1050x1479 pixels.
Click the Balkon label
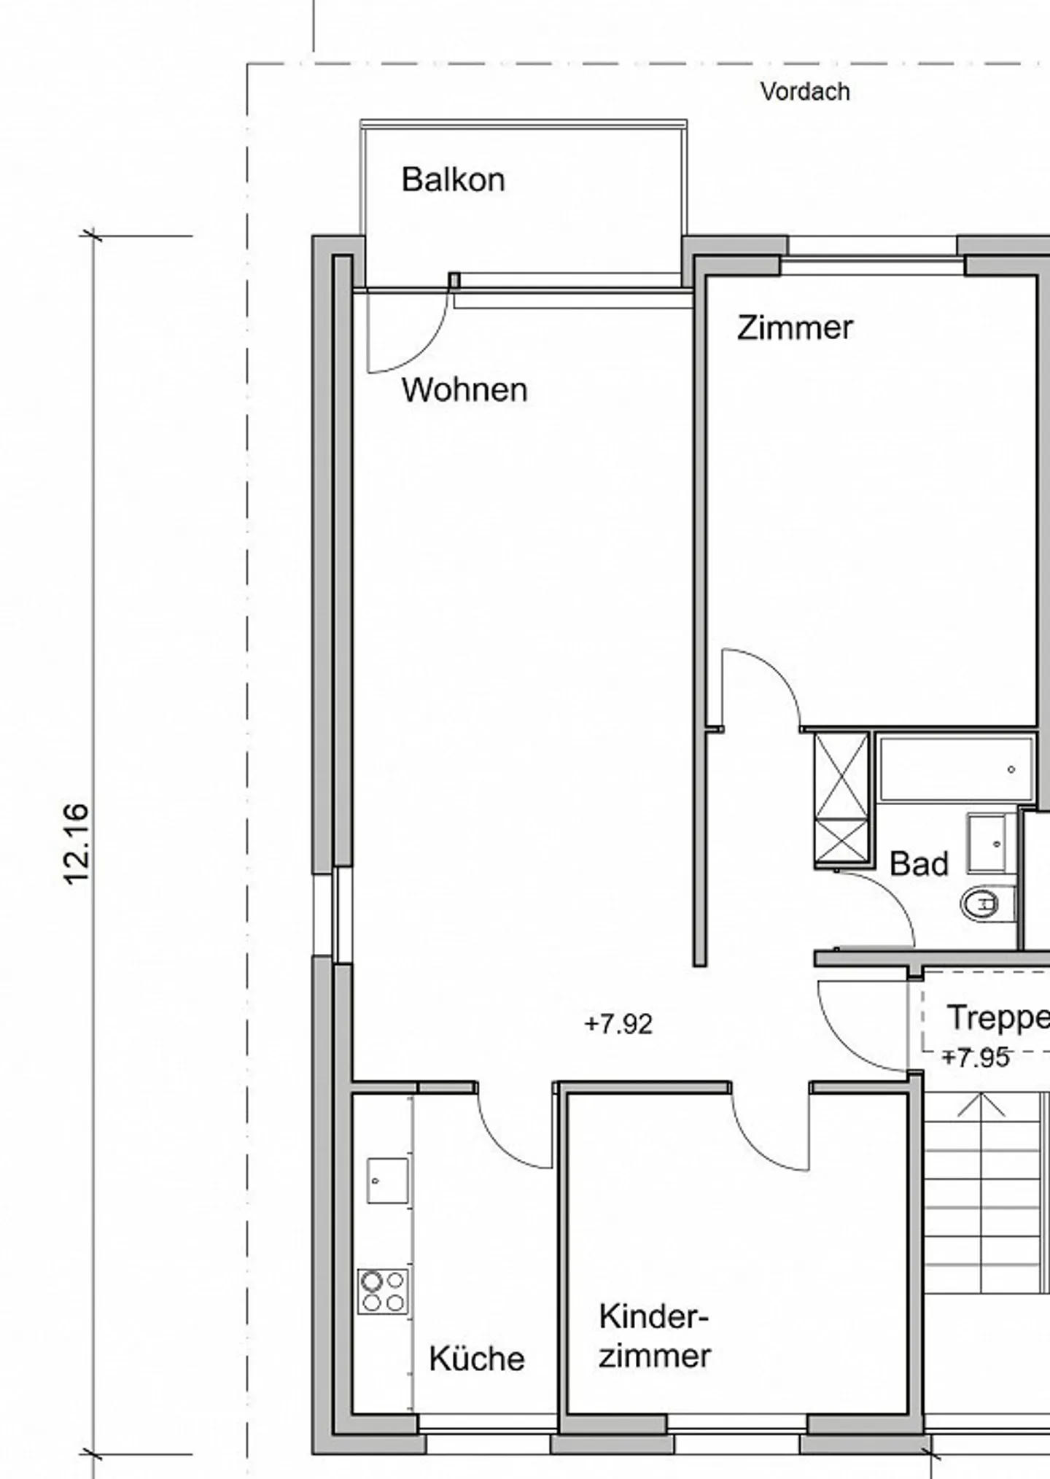pyautogui.click(x=453, y=179)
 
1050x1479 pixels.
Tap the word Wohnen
pyautogui.click(x=464, y=390)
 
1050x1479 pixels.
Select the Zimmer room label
pyautogui.click(x=794, y=327)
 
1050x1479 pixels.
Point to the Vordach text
pyautogui.click(x=805, y=92)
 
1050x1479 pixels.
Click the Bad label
pyautogui.click(x=919, y=864)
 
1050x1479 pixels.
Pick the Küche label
pyautogui.click(x=477, y=1359)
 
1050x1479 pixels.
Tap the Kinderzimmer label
pyautogui.click(x=654, y=1336)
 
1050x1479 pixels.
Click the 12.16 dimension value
pyautogui.click(x=77, y=845)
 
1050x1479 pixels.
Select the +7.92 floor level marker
pyautogui.click(x=618, y=1024)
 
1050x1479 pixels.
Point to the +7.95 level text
pyautogui.click(x=976, y=1057)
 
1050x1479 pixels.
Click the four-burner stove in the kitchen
pyautogui.click(x=383, y=1292)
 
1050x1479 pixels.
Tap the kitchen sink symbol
pyautogui.click(x=387, y=1180)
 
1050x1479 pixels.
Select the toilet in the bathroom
pyautogui.click(x=988, y=905)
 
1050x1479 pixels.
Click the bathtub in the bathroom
pyautogui.click(x=956, y=769)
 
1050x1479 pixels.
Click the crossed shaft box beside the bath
pyautogui.click(x=841, y=799)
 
